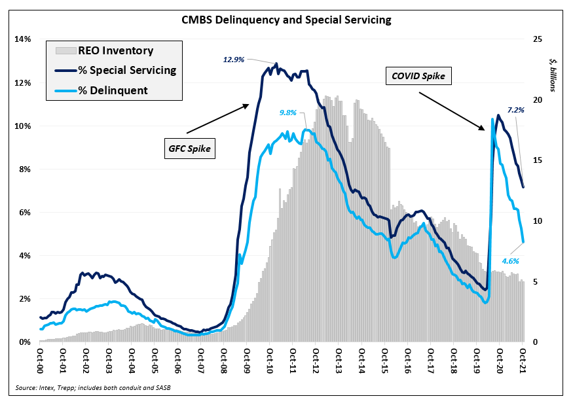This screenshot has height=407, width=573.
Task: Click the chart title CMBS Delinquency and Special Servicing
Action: point(286,20)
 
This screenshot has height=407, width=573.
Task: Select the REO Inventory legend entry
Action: point(115,50)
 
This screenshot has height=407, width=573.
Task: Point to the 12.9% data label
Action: point(233,60)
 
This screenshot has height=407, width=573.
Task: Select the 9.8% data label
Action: point(289,113)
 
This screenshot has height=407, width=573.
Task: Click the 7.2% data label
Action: point(516,111)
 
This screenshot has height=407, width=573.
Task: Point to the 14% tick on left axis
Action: point(23,39)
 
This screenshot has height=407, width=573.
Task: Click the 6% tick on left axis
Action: point(25,212)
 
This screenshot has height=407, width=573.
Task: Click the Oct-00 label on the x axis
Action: point(40,360)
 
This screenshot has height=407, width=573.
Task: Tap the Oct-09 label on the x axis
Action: point(247,360)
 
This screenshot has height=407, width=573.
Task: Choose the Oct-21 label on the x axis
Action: point(523,360)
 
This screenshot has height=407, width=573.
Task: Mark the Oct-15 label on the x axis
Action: point(385,360)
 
